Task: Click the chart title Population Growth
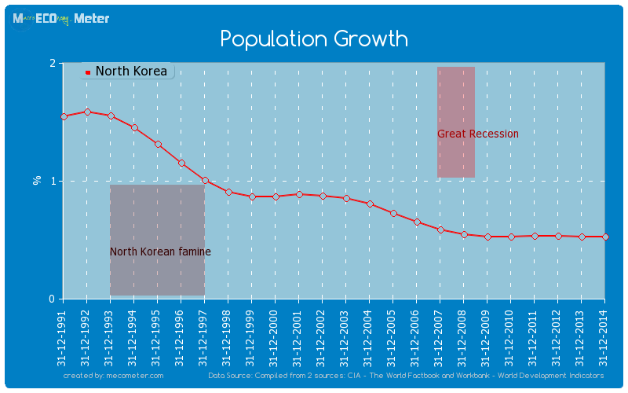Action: (313, 39)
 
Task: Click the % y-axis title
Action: (37, 180)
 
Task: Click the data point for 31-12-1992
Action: (87, 112)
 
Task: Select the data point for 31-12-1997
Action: (205, 181)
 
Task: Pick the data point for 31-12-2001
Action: (299, 194)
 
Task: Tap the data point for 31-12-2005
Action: (393, 213)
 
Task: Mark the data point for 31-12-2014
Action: (605, 237)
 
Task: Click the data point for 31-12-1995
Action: (158, 145)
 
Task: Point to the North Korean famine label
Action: (160, 252)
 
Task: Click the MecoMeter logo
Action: (61, 18)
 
